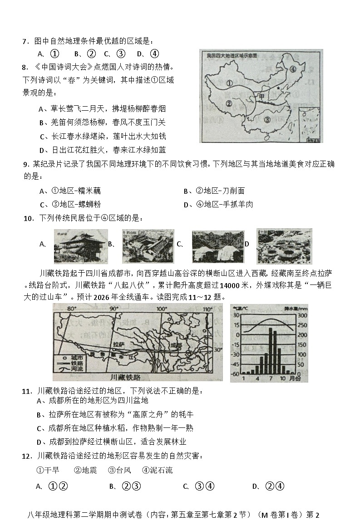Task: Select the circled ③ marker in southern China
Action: (x=267, y=120)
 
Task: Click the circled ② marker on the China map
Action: (x=229, y=103)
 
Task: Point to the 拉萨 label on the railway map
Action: (x=118, y=344)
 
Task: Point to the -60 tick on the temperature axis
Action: (x=236, y=373)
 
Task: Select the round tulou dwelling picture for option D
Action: (x=284, y=246)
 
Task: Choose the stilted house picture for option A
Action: (x=81, y=246)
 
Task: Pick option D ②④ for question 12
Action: (x=275, y=486)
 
